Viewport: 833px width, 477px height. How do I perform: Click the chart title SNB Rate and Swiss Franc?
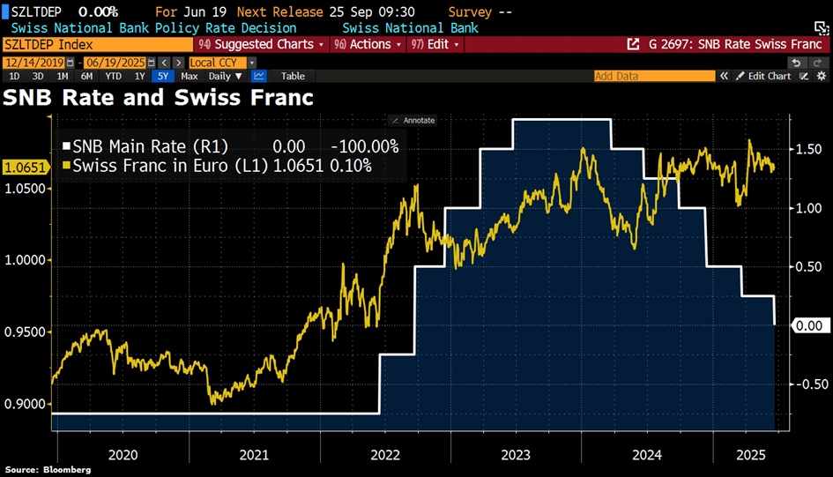(x=159, y=97)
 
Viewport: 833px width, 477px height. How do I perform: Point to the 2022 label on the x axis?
(x=386, y=455)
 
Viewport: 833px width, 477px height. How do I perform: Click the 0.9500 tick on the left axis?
(x=26, y=332)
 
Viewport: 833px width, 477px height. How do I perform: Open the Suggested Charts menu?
(x=263, y=44)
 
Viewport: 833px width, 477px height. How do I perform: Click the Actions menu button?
(x=368, y=44)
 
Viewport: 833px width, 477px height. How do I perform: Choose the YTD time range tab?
(x=114, y=76)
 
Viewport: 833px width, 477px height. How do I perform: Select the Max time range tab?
(x=190, y=76)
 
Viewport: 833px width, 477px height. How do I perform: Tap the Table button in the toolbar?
(x=293, y=76)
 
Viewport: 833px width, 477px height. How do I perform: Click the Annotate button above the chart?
(x=413, y=120)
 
